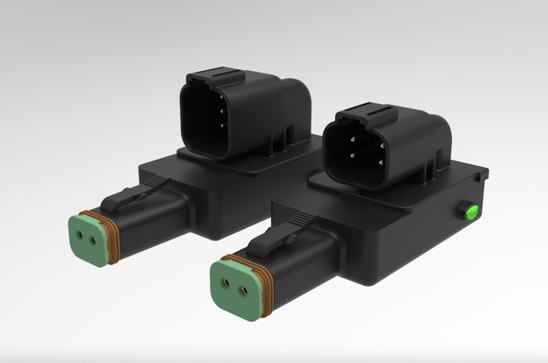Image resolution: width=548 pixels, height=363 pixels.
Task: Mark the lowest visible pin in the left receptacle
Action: [222, 125]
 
